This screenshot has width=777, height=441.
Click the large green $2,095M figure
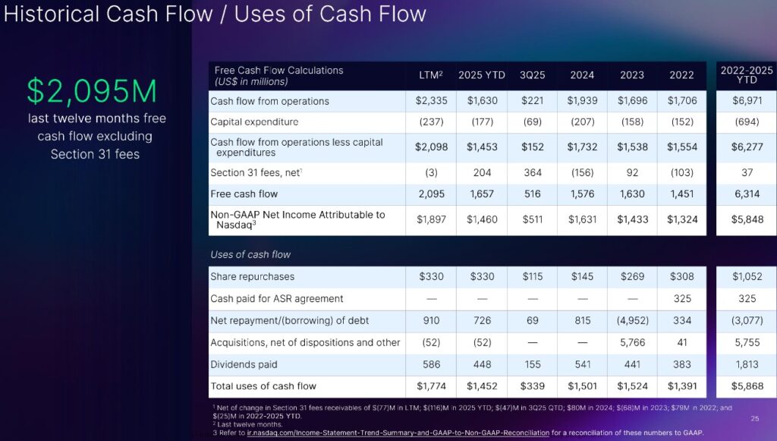pos(92,91)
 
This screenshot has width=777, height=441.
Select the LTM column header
pos(430,75)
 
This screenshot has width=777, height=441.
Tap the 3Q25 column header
pos(532,75)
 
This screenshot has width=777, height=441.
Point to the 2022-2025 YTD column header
pos(747,75)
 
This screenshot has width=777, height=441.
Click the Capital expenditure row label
pos(254,122)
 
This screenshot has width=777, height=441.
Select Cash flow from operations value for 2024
pos(582,101)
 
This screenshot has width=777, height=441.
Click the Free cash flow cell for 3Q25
pos(532,194)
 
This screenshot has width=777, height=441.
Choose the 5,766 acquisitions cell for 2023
pos(632,342)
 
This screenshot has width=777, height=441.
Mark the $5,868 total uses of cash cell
pos(747,386)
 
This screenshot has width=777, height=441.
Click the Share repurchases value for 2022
pos(681,276)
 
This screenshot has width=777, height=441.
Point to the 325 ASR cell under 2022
pos(681,298)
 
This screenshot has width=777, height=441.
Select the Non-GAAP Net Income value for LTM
pos(430,219)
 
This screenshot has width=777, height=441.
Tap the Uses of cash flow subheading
pos(250,254)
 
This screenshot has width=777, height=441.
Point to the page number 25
pos(754,418)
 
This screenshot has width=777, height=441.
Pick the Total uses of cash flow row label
pos(263,386)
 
